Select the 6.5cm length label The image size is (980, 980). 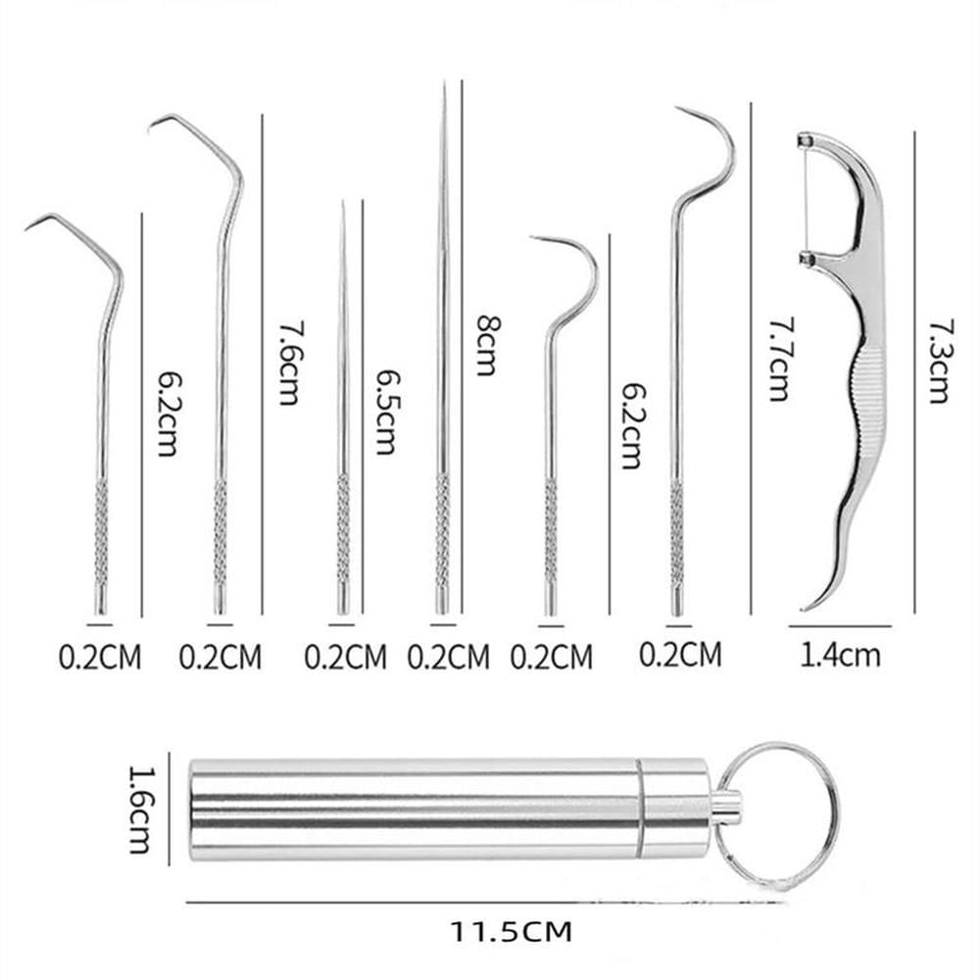click(384, 412)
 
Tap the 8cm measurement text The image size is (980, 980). click(485, 345)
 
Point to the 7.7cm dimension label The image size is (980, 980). click(777, 359)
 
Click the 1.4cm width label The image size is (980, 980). click(840, 655)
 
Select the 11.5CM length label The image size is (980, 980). click(511, 929)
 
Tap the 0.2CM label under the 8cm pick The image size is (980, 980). click(448, 656)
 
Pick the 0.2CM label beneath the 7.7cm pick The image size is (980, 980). click(680, 653)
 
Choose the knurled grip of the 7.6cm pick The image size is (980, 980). click(220, 529)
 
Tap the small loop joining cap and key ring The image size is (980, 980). click(726, 806)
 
